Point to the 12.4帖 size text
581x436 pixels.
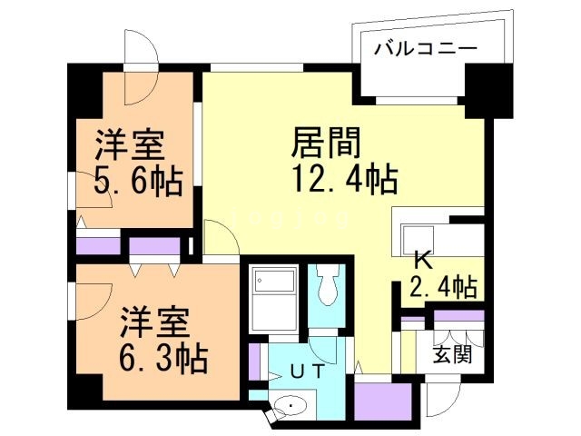click(346, 180)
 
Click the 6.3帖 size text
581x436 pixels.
click(162, 356)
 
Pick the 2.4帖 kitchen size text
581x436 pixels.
click(442, 288)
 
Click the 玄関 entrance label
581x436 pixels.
click(451, 353)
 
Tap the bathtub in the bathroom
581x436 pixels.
click(276, 299)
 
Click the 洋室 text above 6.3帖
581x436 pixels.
click(155, 322)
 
